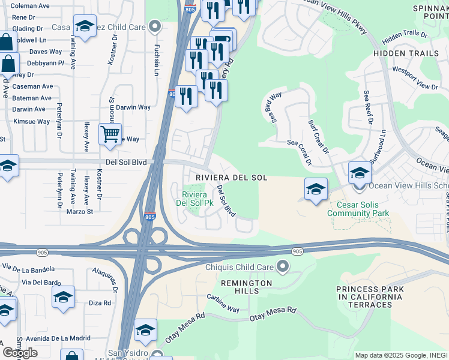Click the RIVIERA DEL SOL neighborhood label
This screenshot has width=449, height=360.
[231, 178]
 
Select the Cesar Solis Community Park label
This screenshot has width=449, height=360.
[358, 209]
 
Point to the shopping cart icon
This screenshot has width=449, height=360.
[110, 134]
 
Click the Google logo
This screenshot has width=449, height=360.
[20, 353]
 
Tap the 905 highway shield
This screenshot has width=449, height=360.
[297, 251]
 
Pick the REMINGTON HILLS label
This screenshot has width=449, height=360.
[247, 287]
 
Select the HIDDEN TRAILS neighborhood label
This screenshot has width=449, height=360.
[406, 53]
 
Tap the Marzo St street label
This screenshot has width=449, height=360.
[80, 211]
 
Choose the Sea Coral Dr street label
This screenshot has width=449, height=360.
[300, 152]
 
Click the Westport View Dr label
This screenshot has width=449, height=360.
[415, 77]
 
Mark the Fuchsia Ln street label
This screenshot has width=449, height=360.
[156, 59]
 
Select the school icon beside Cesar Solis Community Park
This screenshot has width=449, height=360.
[316, 190]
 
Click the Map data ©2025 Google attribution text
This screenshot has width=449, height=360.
[401, 355]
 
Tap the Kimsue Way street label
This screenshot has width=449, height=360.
[32, 121]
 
